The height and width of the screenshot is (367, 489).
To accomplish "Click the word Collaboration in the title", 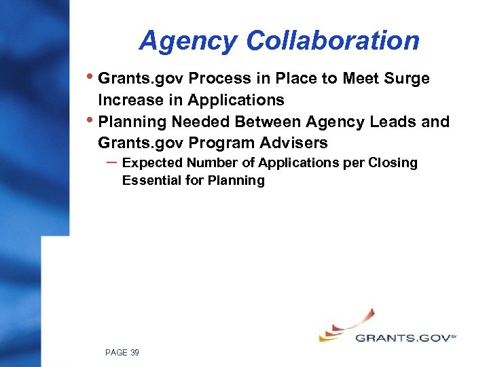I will click(333, 41).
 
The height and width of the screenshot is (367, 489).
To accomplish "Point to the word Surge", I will click(405, 79).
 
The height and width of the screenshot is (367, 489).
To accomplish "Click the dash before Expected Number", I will click(110, 162).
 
